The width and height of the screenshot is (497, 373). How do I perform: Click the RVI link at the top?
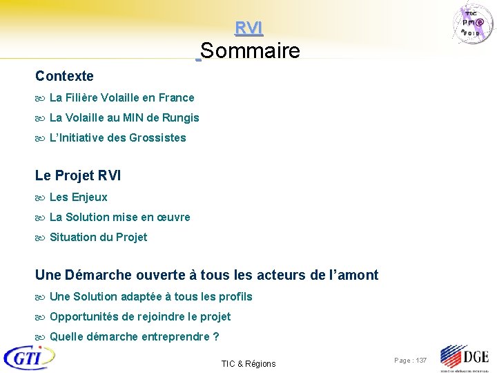click(248, 28)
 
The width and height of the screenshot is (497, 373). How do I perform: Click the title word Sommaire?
click(251, 51)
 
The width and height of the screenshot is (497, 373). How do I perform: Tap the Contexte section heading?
click(64, 76)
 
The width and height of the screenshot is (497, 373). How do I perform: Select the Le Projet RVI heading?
click(77, 175)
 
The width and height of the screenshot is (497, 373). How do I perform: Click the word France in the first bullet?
click(177, 98)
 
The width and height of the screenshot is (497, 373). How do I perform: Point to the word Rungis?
click(182, 118)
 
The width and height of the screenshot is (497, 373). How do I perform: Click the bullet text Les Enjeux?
click(79, 198)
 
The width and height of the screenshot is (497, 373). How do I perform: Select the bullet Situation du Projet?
click(98, 238)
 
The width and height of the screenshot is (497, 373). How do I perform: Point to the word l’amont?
click(351, 275)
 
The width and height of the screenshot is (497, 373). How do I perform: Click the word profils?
click(235, 297)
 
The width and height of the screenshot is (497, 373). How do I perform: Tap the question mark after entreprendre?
click(216, 337)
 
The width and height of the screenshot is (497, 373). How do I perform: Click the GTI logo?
click(29, 357)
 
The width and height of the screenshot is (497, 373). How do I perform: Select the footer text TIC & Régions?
click(248, 364)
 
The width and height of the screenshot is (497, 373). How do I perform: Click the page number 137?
click(420, 361)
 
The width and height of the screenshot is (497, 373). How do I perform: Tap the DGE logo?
click(464, 358)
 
